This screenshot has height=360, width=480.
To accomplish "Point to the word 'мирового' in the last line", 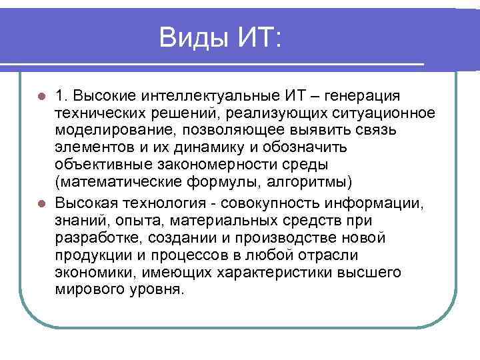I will [85, 290].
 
